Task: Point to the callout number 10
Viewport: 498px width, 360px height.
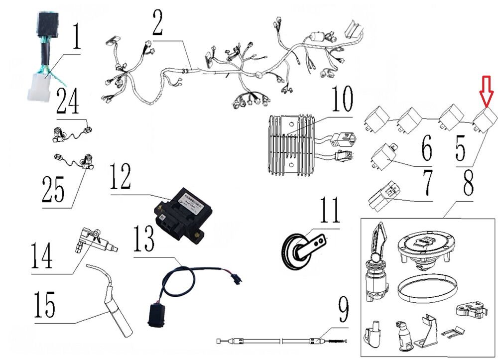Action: click(x=341, y=100)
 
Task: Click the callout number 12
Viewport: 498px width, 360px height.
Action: click(x=121, y=178)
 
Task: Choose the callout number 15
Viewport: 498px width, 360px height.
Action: click(x=44, y=305)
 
